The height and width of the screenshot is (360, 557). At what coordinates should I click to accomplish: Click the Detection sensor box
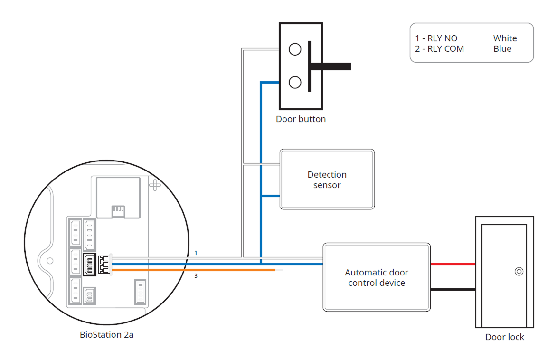coord(327,180)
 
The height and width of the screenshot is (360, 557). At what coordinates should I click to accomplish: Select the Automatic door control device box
coord(377,277)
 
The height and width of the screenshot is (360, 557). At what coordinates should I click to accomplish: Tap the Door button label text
coord(301,119)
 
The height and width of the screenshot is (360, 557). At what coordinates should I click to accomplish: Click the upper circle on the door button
coord(295,49)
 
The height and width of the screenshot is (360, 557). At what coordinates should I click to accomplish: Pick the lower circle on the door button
coord(295,83)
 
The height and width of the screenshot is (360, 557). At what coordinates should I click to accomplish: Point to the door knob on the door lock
coord(519,272)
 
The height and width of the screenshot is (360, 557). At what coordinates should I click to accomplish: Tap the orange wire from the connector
coord(199,270)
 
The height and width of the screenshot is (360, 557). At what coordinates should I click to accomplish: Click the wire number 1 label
coord(196,254)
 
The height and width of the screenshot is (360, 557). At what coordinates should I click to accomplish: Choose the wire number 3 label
coord(196,275)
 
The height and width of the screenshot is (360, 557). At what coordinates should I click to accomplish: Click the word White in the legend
coord(505,38)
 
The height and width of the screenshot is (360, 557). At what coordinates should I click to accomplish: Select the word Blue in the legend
coord(502,49)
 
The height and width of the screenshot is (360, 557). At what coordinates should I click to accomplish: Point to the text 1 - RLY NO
coord(436,38)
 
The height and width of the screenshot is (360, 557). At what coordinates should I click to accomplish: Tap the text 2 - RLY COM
coord(439,49)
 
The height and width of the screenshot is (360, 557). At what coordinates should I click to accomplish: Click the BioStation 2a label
coord(106,335)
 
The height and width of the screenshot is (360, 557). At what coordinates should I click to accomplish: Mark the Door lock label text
coord(504,337)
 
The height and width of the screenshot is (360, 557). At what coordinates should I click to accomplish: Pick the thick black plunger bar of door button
coord(331,66)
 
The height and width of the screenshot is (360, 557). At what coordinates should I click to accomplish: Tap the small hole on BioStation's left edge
coord(49,260)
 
